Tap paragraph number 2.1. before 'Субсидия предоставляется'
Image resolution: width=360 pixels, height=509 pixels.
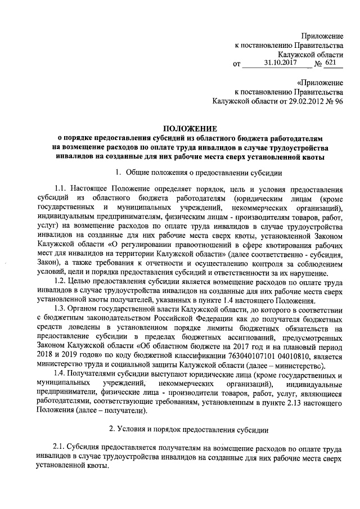60,447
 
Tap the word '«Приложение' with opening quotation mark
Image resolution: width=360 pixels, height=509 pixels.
320,82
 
